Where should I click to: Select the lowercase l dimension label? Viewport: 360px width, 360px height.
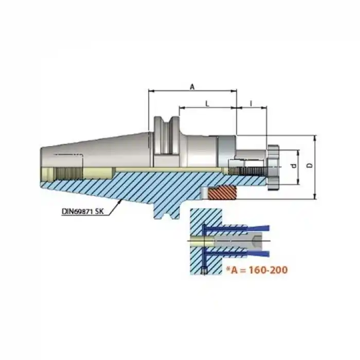pos(251,103)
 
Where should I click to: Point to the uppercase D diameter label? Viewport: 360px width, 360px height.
pos(308,166)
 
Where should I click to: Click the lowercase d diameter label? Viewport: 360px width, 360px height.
pos(292,166)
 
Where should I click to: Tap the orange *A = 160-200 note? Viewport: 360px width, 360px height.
pos(254,269)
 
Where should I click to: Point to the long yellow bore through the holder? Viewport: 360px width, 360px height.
pos(154,170)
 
